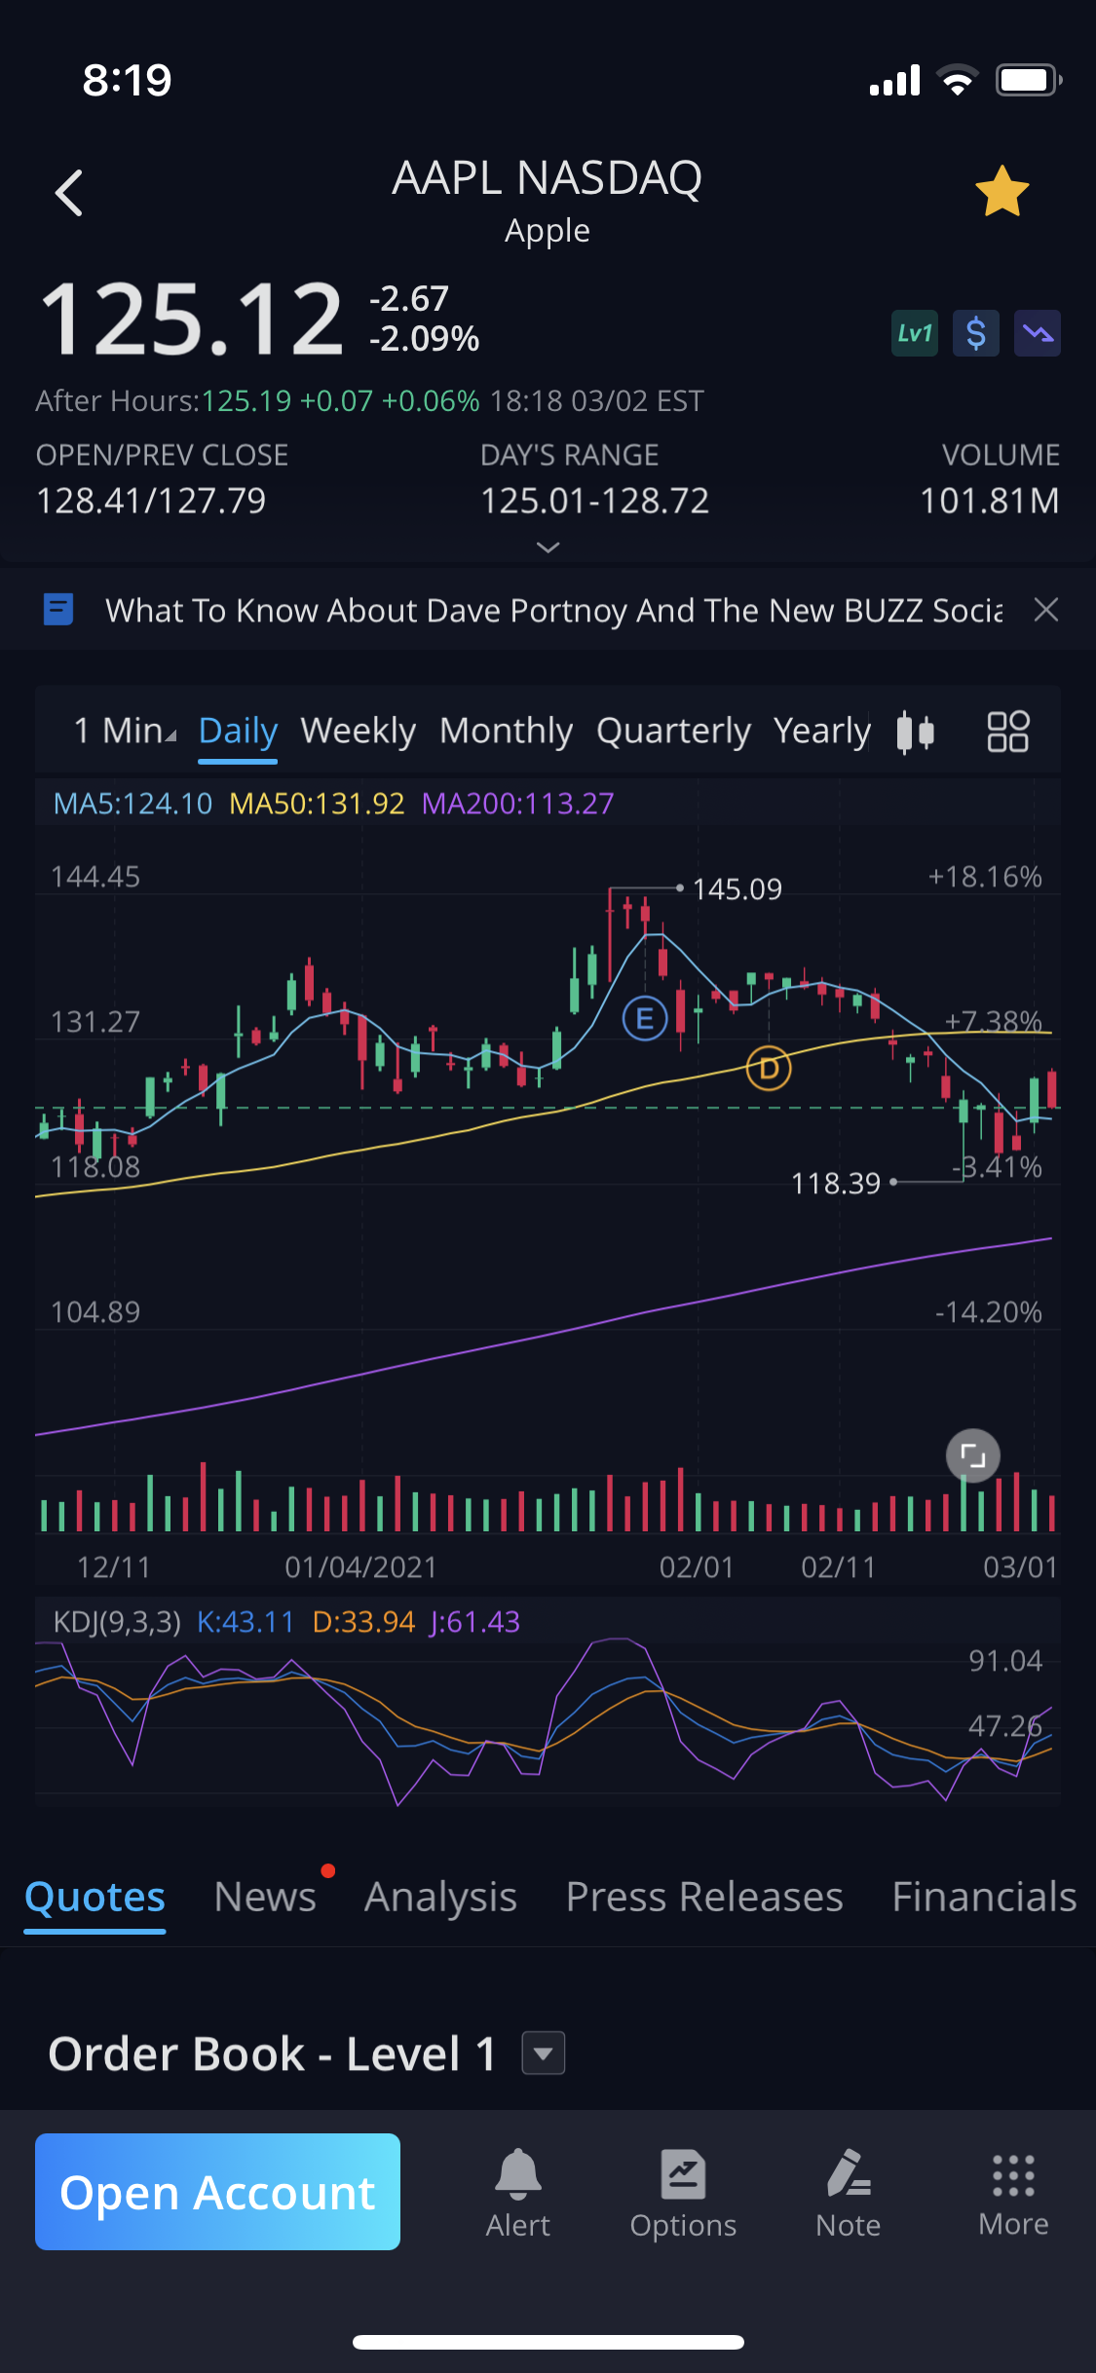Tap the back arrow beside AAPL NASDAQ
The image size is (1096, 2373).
(69, 192)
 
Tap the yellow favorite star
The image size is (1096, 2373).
(1002, 192)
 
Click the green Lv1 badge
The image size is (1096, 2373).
(914, 333)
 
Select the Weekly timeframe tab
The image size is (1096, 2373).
(358, 731)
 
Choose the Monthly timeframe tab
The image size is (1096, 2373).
(506, 731)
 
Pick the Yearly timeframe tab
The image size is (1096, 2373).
(821, 731)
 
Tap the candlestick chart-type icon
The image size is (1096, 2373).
(915, 732)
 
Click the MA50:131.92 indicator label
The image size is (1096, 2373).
(317, 804)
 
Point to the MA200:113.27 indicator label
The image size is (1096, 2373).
(517, 804)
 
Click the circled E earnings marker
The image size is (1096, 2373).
(644, 1019)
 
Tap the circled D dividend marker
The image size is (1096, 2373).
(769, 1069)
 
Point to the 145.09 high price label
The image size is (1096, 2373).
(737, 889)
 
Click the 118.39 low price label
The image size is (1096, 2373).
(835, 1184)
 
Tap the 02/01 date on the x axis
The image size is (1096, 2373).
(696, 1567)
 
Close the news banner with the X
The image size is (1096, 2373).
(1045, 610)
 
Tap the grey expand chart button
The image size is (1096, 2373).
(972, 1455)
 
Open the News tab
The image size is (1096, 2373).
(265, 1897)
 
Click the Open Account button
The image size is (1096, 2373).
(217, 2192)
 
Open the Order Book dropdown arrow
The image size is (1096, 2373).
(544, 2053)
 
